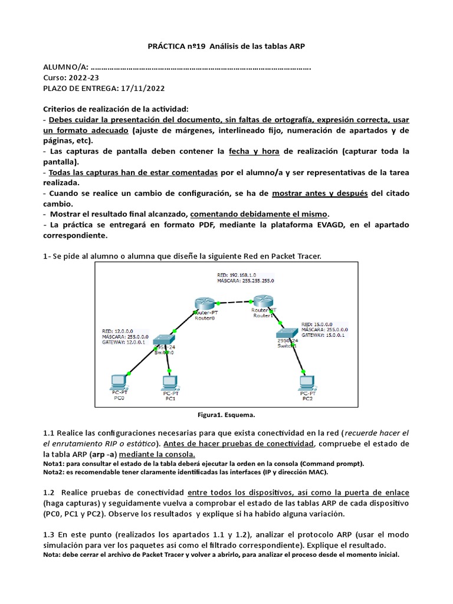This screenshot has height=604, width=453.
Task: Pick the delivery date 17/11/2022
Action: click(x=142, y=88)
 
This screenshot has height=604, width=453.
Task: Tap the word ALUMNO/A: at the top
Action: click(x=65, y=67)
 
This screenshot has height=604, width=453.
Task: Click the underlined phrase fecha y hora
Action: click(x=254, y=152)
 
